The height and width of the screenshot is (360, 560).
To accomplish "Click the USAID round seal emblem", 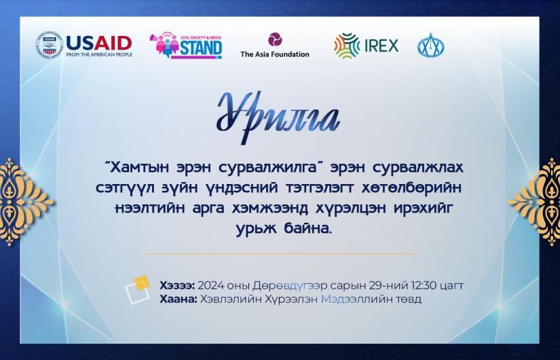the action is pyautogui.click(x=49, y=45).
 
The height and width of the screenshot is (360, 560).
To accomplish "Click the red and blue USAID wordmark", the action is pyautogui.click(x=99, y=43).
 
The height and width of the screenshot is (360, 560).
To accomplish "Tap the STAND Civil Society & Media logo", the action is pyautogui.click(x=186, y=46).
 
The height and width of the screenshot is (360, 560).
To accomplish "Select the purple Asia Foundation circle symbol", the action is pyautogui.click(x=275, y=39).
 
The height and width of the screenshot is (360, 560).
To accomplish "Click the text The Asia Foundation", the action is pyautogui.click(x=275, y=54).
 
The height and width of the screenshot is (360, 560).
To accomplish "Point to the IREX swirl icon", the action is pyautogui.click(x=347, y=46).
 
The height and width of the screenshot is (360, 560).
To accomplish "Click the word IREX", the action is pyautogui.click(x=381, y=46).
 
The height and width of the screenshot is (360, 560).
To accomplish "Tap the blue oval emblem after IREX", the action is pyautogui.click(x=431, y=46).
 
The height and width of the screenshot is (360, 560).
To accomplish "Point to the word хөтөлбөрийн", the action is pyautogui.click(x=411, y=188).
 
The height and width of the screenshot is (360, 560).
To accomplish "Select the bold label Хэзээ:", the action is pyautogui.click(x=177, y=286).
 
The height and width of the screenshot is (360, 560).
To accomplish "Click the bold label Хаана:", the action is pyautogui.click(x=179, y=299).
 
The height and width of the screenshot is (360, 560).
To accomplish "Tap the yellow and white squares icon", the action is pyautogui.click(x=138, y=289).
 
